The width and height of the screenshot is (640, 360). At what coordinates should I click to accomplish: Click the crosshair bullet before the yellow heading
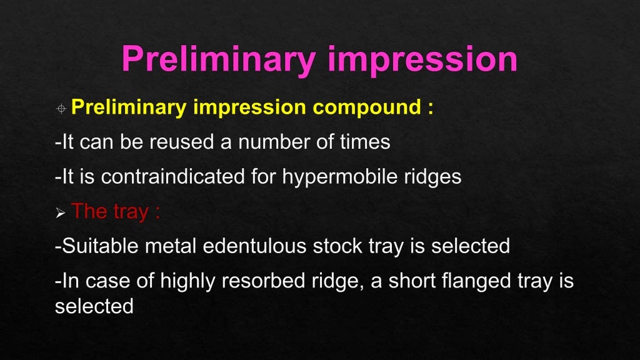61,109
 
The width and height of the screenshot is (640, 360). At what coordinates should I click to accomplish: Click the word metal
169,246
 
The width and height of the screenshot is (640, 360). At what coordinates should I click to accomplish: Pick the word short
411,281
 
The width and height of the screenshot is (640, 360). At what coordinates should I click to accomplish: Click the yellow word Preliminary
128,107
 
